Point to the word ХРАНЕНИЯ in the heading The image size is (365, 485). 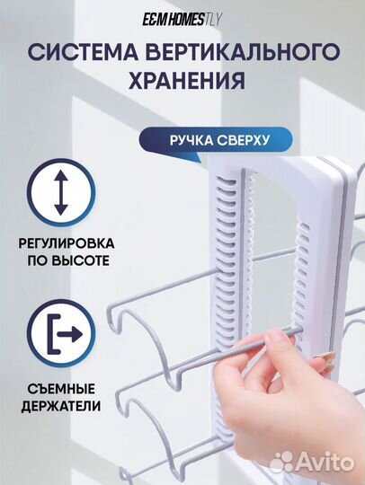coord(182,81)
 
